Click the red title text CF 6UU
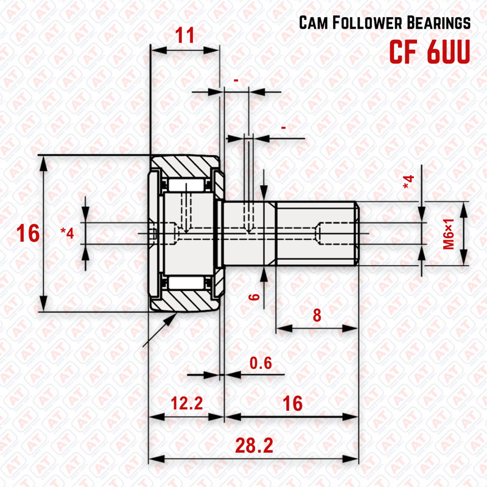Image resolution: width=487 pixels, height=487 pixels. click(430, 52)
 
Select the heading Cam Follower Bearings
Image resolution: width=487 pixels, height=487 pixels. click(385, 23)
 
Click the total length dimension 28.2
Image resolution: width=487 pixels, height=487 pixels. click(254, 446)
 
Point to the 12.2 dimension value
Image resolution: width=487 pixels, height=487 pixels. click(186, 403)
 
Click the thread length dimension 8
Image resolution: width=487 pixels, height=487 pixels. click(317, 315)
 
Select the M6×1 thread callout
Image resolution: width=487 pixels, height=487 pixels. click(449, 234)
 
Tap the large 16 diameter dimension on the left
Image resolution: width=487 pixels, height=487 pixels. click(28, 233)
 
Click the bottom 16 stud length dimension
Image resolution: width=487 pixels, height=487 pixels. click(293, 403)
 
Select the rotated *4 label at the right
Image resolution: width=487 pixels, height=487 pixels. click(408, 181)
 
